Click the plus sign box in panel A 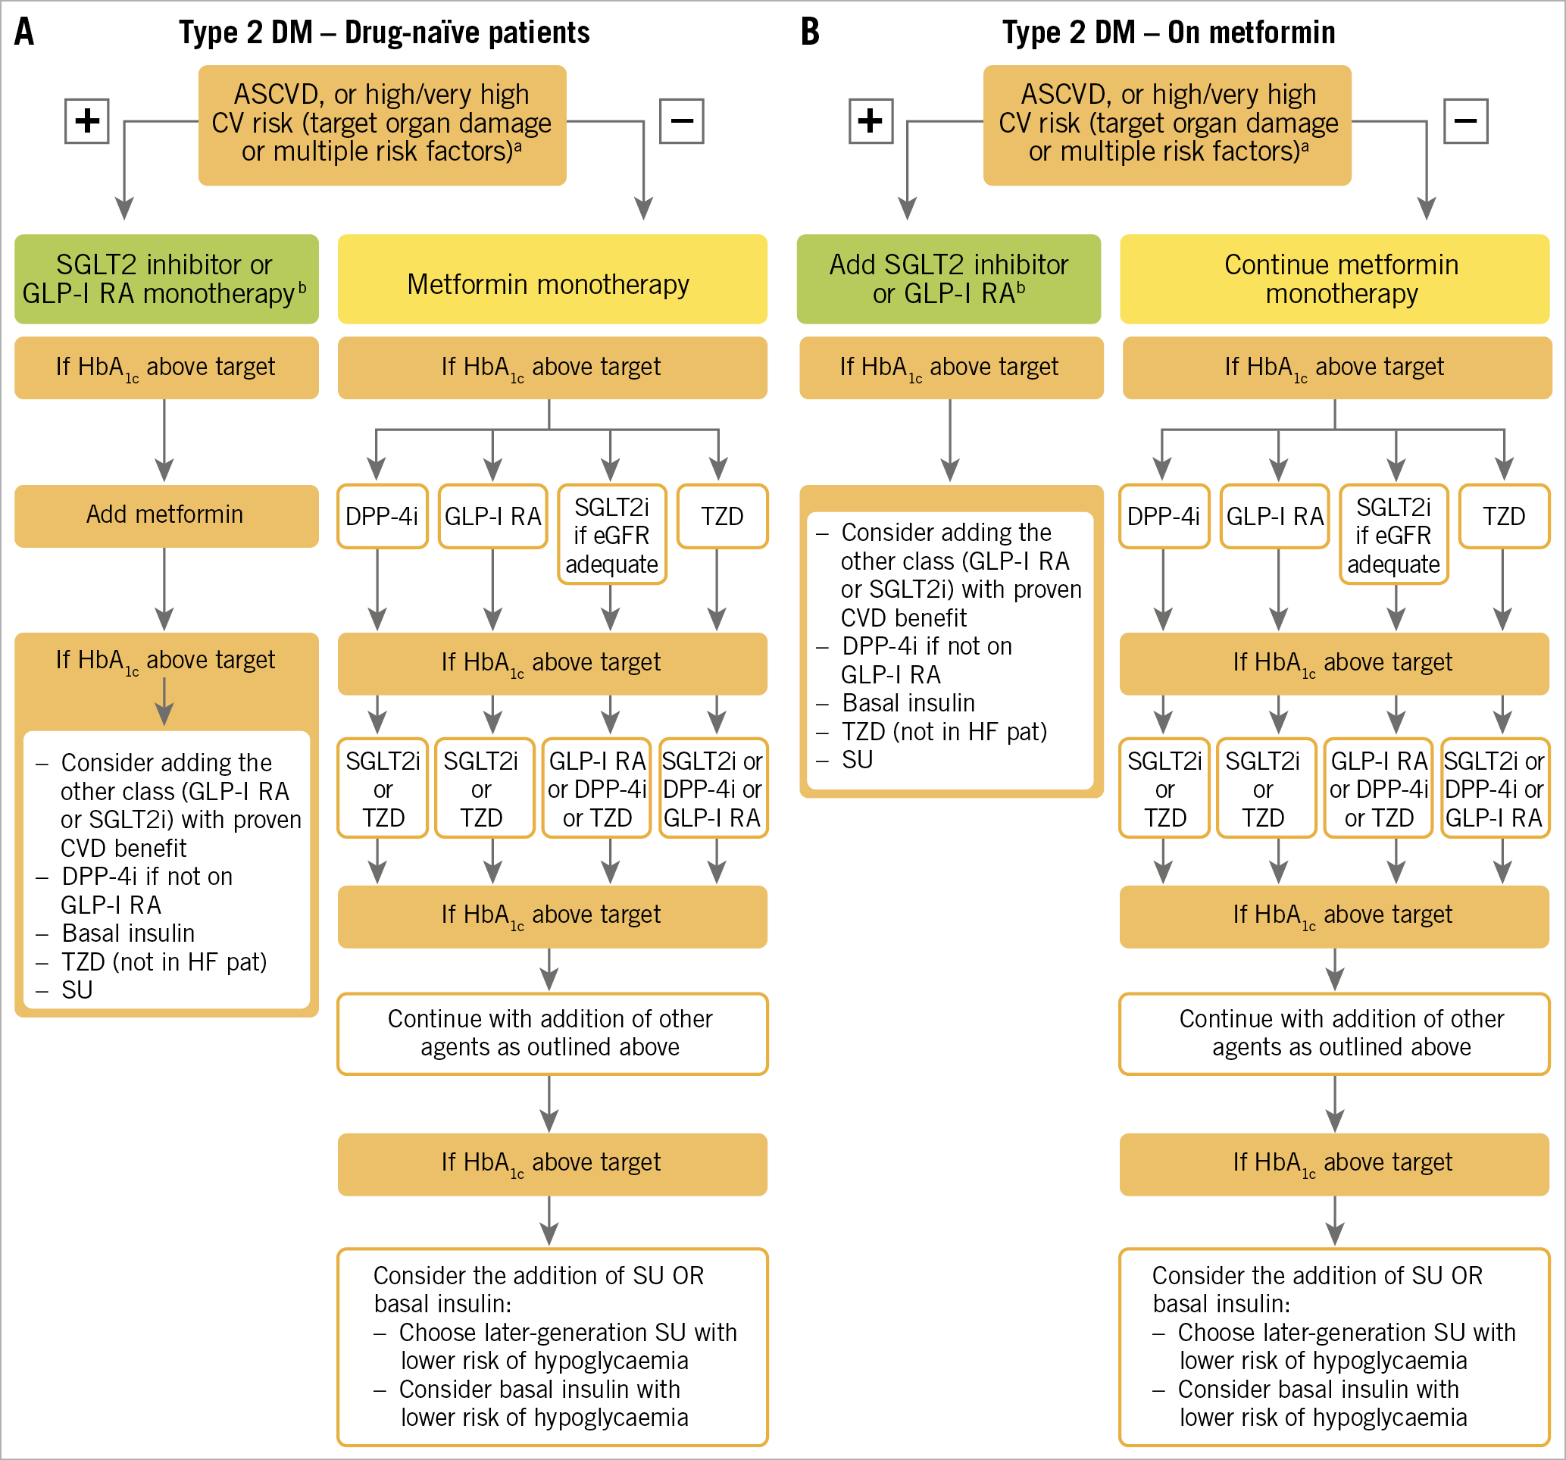86,121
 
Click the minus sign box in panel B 1465,121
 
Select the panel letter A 24,33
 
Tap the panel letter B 810,33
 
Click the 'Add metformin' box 166,515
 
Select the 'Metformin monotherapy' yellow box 552,280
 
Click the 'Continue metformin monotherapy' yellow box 1334,280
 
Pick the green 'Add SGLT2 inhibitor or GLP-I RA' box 949,280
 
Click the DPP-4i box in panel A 382,516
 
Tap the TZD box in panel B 1504,516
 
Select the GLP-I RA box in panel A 492,516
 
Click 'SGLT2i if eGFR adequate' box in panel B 1393,535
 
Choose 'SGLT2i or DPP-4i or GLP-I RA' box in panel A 712,789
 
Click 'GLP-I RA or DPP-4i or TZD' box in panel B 1378,789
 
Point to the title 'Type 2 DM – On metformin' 1168,33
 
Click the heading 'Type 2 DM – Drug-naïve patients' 383,33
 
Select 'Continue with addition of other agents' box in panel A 552,1033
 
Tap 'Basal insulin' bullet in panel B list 908,703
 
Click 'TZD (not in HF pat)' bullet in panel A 164,962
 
